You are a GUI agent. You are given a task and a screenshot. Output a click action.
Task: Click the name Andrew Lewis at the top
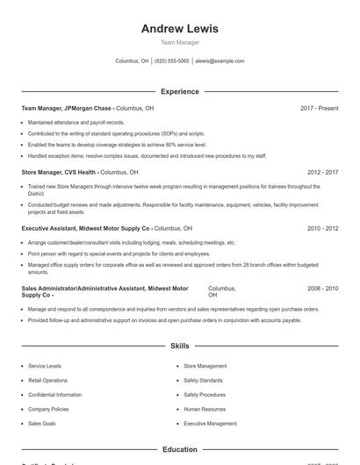(179, 28)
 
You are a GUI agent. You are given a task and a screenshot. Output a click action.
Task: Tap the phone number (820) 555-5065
(171, 61)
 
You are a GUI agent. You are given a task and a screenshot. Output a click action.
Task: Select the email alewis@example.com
(220, 61)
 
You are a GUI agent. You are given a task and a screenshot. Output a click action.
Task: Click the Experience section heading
(179, 91)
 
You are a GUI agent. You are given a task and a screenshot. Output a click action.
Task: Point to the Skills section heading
(179, 347)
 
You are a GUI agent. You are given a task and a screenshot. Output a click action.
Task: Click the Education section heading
(179, 449)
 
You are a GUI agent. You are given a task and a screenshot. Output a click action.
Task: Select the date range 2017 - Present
(319, 108)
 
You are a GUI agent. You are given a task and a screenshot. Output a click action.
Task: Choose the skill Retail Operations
(47, 380)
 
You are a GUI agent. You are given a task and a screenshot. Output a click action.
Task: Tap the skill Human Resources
(205, 409)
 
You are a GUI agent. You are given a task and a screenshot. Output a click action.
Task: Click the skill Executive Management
(210, 424)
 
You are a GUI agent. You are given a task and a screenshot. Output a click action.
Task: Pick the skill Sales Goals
(41, 424)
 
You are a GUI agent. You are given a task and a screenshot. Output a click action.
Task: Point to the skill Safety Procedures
(205, 395)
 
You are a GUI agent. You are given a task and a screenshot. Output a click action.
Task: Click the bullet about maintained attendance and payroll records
(76, 122)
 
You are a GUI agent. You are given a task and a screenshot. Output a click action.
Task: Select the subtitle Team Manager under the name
(179, 42)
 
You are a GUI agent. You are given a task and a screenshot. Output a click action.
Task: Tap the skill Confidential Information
(54, 395)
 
